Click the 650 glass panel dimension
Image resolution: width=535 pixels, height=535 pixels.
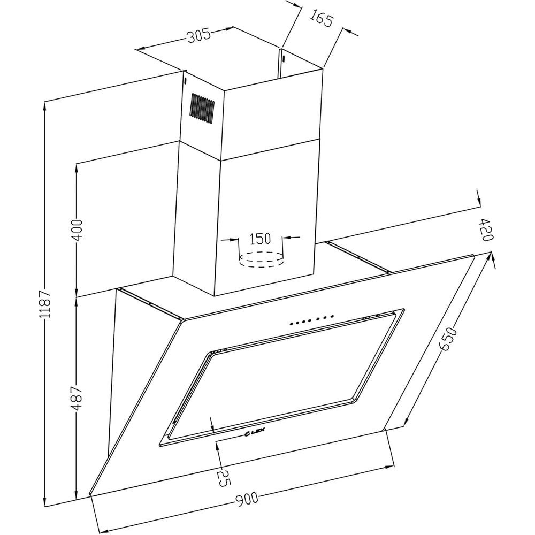[448, 338]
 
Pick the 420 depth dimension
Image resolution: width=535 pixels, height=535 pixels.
[486, 229]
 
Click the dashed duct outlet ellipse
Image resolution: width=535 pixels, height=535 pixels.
[261, 259]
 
